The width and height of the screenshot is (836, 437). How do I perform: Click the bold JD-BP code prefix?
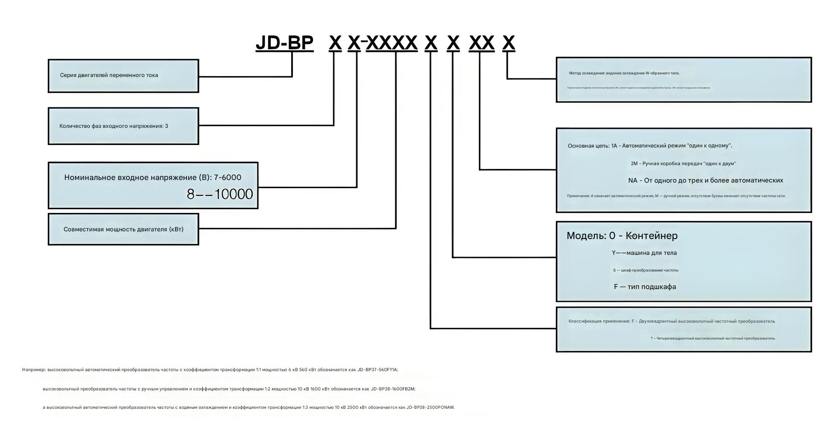(x=284, y=43)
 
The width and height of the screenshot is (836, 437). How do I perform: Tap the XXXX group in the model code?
(x=392, y=43)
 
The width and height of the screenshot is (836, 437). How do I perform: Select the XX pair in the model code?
(x=482, y=43)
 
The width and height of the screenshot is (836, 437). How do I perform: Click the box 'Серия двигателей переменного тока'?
(x=123, y=76)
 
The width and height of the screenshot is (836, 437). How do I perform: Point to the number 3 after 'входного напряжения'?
(x=166, y=126)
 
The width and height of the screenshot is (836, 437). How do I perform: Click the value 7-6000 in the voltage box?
(x=227, y=177)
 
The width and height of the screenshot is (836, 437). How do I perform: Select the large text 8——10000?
(x=220, y=194)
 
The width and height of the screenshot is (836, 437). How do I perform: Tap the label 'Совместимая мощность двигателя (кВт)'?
(x=123, y=229)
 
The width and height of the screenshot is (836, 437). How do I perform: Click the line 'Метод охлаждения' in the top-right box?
(x=624, y=73)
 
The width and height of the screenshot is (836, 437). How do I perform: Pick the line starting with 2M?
(x=683, y=163)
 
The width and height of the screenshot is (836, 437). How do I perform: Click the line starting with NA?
(x=706, y=180)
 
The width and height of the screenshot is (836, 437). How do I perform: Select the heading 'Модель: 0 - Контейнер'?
(x=622, y=236)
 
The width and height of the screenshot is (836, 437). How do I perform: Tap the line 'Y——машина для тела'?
(x=644, y=253)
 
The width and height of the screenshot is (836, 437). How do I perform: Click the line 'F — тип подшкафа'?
(x=645, y=287)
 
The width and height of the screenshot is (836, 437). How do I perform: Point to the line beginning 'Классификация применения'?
(x=671, y=321)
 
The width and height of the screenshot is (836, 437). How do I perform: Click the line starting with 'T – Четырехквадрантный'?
(x=712, y=338)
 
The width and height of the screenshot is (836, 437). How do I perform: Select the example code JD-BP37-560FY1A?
(x=377, y=370)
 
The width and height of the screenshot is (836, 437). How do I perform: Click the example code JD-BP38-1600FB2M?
(x=393, y=389)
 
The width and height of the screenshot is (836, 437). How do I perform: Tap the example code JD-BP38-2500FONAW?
(x=430, y=407)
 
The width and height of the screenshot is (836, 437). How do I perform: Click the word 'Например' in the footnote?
(x=33, y=370)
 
